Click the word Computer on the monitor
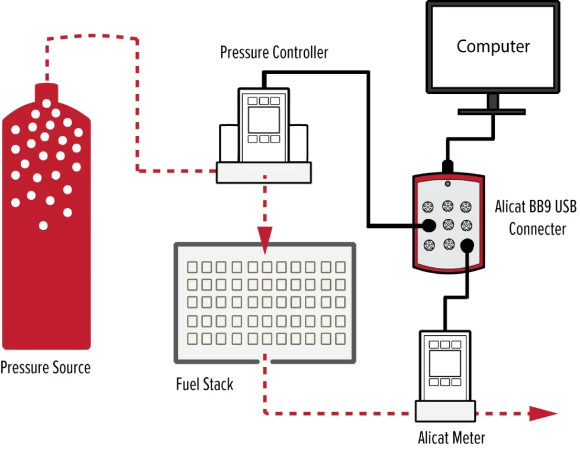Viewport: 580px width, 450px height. [493, 46]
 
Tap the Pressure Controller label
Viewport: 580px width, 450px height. [274, 52]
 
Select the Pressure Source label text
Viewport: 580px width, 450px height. [46, 368]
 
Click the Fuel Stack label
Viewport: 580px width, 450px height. [205, 384]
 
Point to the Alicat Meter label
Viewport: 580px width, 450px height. [452, 438]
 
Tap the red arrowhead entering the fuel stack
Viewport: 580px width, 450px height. [264, 234]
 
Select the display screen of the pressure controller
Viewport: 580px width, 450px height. [263, 120]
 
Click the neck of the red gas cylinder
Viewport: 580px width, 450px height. [47, 93]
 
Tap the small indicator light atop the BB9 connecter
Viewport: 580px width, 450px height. [448, 183]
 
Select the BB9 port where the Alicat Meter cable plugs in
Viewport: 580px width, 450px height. [468, 244]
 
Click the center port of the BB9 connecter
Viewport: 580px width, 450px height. [448, 225]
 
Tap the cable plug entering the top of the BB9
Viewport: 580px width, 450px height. [448, 164]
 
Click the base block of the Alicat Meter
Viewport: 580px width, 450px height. [444, 410]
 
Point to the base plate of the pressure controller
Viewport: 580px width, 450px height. [263, 172]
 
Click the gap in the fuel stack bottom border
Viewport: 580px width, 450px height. [264, 360]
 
